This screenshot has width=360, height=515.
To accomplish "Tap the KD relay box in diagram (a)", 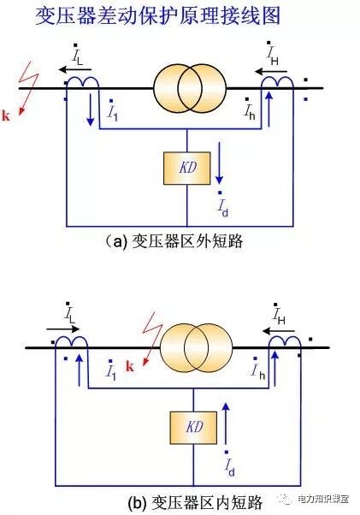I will coord(186,168).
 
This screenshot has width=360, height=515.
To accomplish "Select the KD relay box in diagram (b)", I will coord(194,424).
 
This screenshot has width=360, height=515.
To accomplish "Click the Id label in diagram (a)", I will coord(222,206).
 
